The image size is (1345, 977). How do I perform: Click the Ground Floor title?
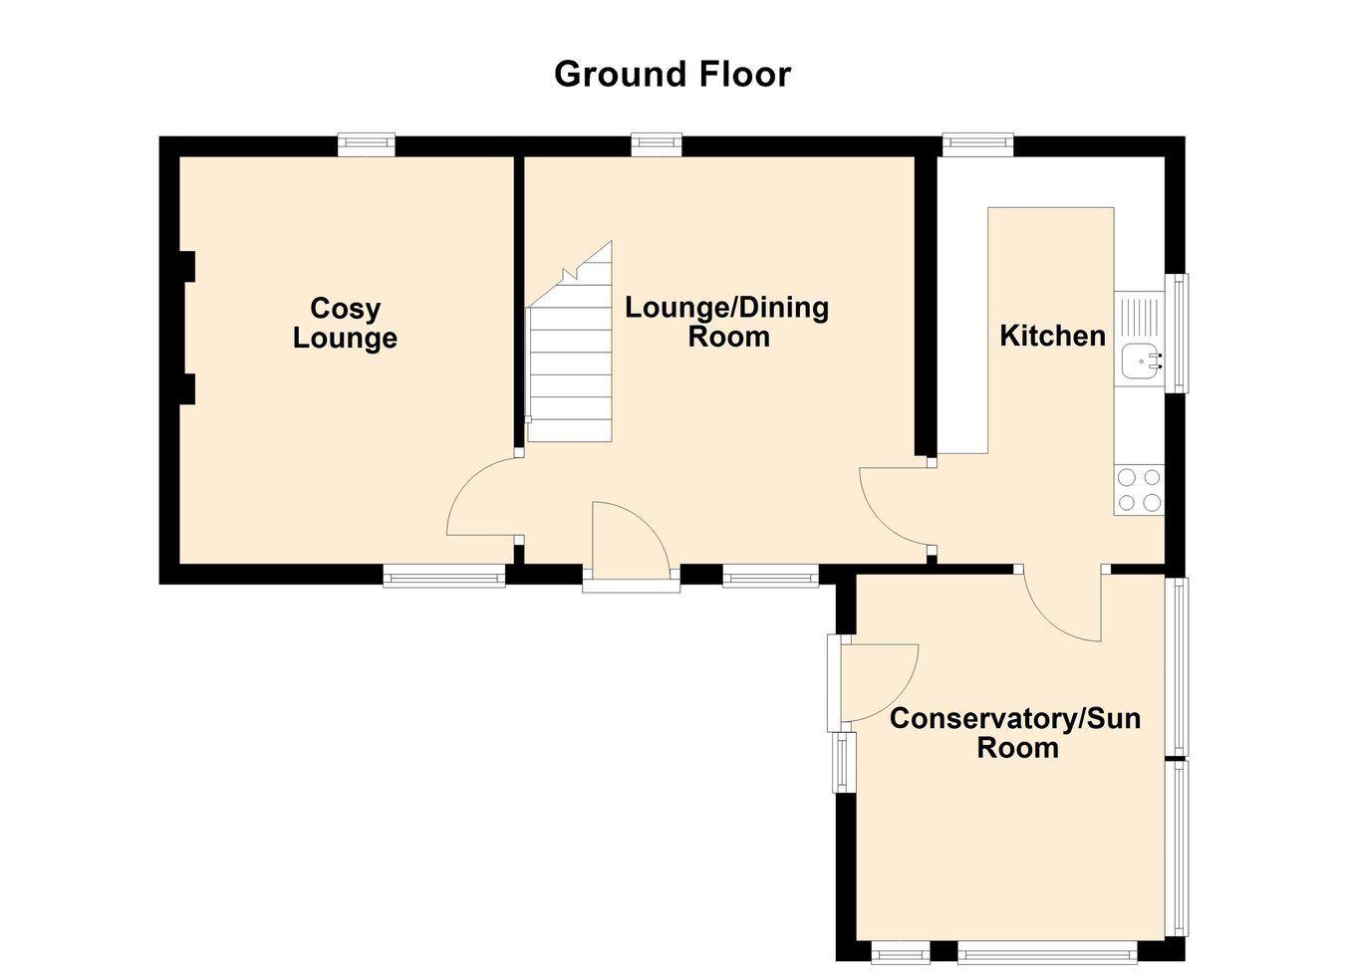(672, 75)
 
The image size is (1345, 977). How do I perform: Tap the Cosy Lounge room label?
(345, 323)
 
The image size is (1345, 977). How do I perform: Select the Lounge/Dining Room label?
(726, 322)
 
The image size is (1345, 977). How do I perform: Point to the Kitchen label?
(1052, 336)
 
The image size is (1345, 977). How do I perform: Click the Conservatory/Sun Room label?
(1015, 733)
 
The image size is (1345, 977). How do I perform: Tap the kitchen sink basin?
(1139, 362)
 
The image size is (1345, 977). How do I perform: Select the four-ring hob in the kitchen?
(1139, 490)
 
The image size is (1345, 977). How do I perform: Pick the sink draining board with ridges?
(1139, 317)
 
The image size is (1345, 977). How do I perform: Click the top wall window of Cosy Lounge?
(367, 144)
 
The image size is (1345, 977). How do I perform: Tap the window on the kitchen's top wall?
(978, 144)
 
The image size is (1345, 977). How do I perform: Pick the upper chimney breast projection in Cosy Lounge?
(187, 267)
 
